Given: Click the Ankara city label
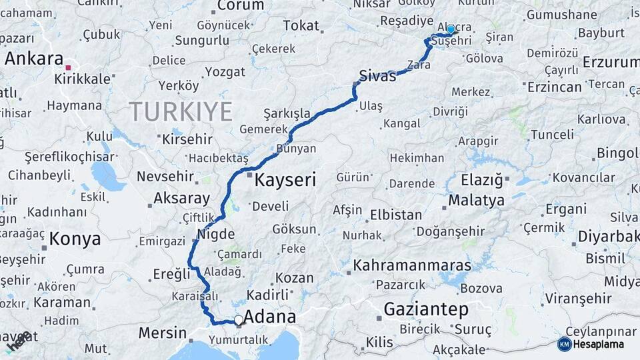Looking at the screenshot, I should click(34, 59).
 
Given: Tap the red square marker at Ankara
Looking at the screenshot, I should click(68, 67).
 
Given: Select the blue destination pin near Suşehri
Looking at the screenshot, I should click(451, 29).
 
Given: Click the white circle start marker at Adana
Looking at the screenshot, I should click(238, 321).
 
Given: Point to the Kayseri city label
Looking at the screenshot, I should click(285, 179).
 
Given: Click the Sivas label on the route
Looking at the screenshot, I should click(377, 75).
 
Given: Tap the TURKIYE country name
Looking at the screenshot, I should click(181, 111).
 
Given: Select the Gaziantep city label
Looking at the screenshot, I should click(426, 309).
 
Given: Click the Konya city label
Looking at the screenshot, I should click(75, 239).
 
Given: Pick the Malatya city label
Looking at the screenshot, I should click(476, 200).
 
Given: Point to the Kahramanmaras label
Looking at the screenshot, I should click(412, 265).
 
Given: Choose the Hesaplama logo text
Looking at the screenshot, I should click(599, 345).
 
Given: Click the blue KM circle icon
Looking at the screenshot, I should click(564, 345).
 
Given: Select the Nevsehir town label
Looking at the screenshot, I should click(165, 177).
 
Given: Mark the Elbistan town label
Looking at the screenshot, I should click(396, 215).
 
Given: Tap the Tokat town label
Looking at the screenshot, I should click(301, 25).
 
